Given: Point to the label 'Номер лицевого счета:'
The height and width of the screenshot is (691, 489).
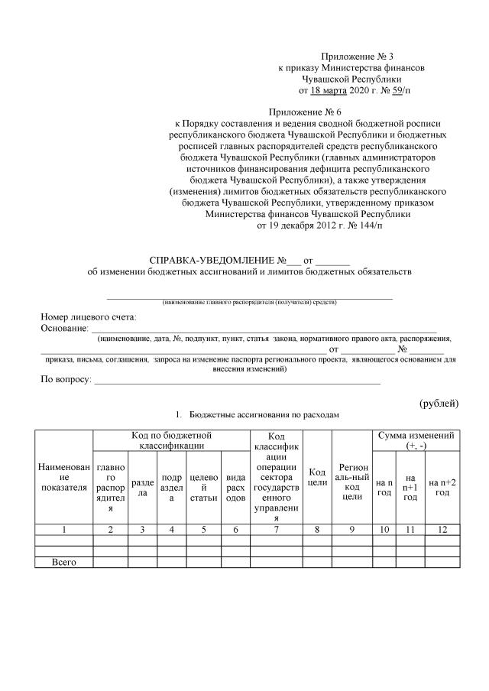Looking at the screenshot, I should tap(88, 316).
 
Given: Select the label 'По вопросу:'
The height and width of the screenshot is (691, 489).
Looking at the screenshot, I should tap(66, 379).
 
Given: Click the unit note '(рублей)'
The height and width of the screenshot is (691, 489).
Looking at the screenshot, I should tap(439, 403).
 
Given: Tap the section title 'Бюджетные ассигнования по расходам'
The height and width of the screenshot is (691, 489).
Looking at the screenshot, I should tap(264, 415).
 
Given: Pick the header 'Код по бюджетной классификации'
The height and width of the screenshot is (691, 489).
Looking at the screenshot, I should tap(170, 440).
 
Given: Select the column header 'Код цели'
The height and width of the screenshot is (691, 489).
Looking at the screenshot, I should tap(317, 477).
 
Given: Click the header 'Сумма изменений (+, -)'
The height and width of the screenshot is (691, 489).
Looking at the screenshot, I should tap(416, 440).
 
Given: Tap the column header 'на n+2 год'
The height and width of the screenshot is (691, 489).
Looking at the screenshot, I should tap(442, 487).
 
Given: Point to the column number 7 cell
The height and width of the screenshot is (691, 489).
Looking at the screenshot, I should tap(276, 529).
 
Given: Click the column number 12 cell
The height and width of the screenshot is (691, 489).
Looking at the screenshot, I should tap(442, 529).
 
